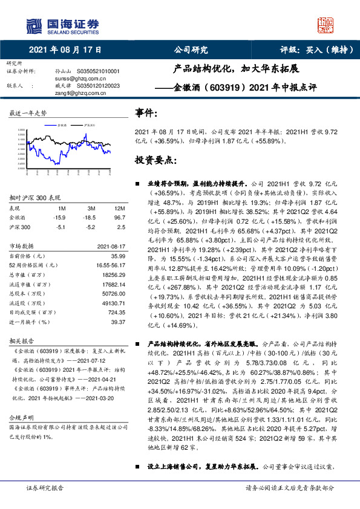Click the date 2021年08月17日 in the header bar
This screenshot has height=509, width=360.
point(65,51)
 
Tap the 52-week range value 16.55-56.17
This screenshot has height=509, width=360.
point(111,265)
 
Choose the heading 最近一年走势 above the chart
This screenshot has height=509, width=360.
point(28,113)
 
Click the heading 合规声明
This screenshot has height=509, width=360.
point(19,418)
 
